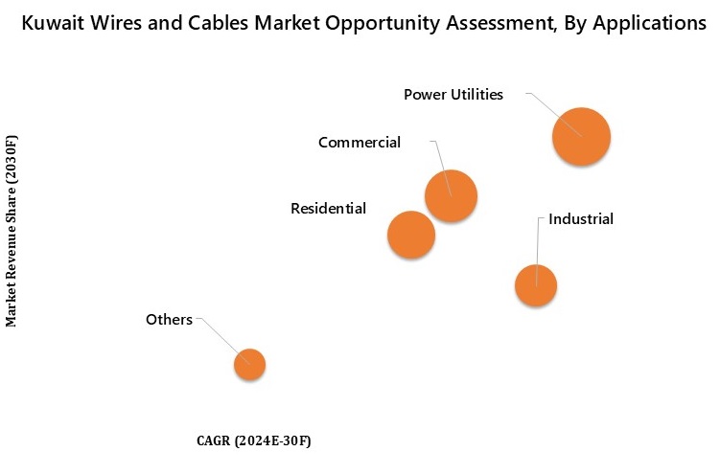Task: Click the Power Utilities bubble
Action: [x=581, y=137]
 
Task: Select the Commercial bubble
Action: [x=451, y=196]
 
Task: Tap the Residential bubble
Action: [x=411, y=235]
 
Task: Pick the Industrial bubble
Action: [x=536, y=285]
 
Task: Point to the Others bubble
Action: [x=249, y=364]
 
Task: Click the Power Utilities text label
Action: [x=453, y=94]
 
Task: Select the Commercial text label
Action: [x=359, y=143]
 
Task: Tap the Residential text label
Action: [x=328, y=208]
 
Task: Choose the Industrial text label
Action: [x=580, y=219]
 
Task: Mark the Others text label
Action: [x=169, y=319]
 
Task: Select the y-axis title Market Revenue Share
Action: [x=12, y=231]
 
